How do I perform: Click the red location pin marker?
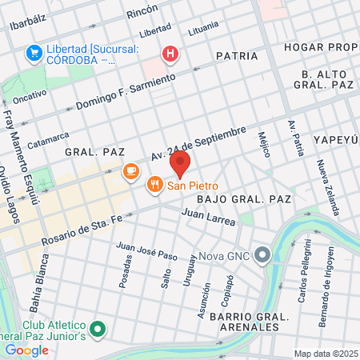pos(180,165)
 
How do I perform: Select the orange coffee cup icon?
pos(130,171)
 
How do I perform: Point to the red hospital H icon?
pos(170,54)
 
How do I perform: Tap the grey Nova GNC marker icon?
pos(265,254)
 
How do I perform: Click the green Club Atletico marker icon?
pos(98,329)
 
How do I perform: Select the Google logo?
pos(26,350)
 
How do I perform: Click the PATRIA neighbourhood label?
pos(237,56)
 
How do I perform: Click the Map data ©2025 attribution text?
pos(325,353)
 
